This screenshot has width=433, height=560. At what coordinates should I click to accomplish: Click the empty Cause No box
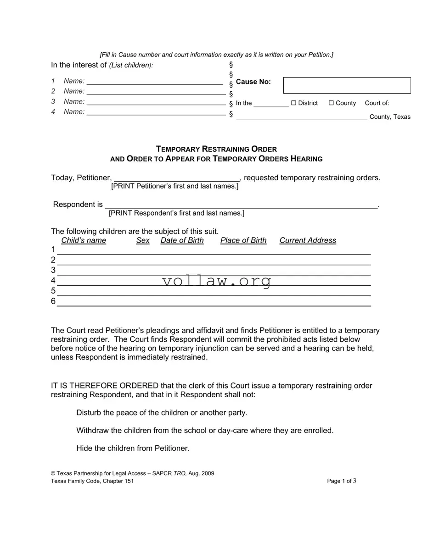(347, 85)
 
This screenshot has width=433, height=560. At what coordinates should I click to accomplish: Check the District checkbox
(294, 103)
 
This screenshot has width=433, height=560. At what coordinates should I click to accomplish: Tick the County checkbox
(331, 103)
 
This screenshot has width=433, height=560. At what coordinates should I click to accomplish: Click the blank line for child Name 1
(155, 82)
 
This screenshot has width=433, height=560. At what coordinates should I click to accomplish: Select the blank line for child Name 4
(156, 112)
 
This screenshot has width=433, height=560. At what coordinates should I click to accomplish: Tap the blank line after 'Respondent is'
(241, 205)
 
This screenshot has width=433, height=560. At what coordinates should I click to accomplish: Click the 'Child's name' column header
(84, 240)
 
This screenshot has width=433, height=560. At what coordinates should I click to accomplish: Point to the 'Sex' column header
(143, 240)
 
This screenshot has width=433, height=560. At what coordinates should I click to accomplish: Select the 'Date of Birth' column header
(182, 240)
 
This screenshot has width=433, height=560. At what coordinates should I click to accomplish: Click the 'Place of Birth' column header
(243, 240)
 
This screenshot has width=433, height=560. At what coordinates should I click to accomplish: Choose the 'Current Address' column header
(308, 240)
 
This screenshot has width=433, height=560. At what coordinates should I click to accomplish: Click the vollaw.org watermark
(216, 281)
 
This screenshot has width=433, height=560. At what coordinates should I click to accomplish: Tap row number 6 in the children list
(53, 301)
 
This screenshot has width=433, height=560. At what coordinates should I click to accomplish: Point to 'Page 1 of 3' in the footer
(342, 481)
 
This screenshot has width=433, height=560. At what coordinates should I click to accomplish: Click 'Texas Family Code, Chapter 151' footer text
(92, 481)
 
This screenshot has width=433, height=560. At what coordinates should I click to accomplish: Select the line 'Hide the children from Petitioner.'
(133, 448)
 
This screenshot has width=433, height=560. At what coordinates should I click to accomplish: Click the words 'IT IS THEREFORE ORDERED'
(105, 386)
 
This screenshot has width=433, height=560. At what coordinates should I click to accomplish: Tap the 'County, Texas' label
(390, 117)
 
